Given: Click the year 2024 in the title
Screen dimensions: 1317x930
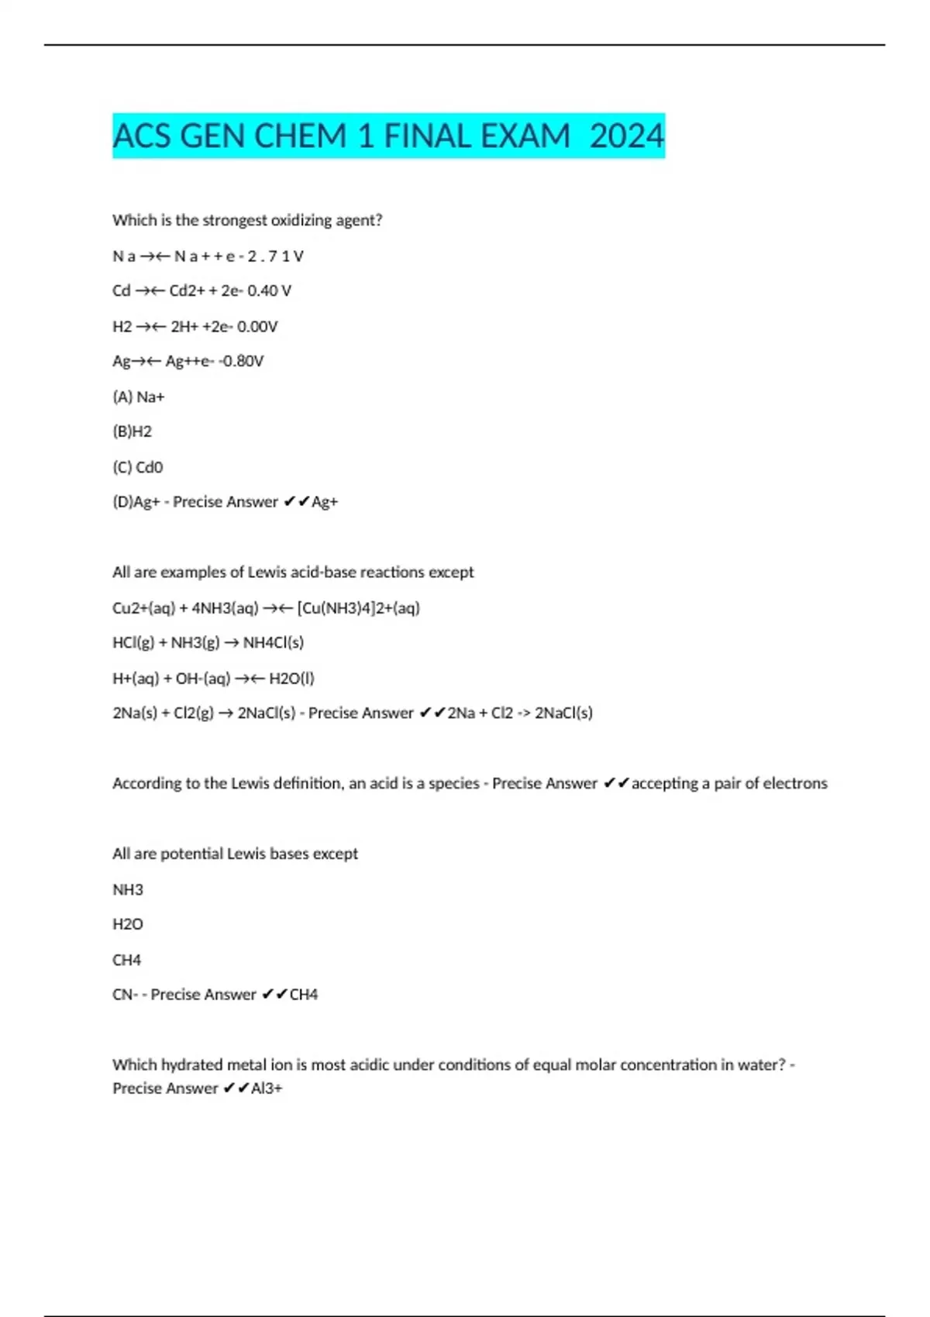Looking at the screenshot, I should pyautogui.click(x=626, y=136).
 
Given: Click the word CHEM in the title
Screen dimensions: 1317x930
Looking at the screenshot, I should pyautogui.click(x=300, y=136).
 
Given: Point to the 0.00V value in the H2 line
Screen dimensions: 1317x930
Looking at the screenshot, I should pyautogui.click(x=257, y=326).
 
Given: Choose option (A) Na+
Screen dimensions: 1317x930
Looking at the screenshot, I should pyautogui.click(x=139, y=397).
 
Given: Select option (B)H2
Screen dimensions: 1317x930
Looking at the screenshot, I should pyautogui.click(x=133, y=432).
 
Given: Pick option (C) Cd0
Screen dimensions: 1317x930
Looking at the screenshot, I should pyautogui.click(x=138, y=467).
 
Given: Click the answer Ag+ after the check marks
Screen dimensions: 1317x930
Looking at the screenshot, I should pyautogui.click(x=325, y=502).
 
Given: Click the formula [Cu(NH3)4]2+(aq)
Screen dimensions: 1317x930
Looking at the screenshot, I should pyautogui.click(x=358, y=608).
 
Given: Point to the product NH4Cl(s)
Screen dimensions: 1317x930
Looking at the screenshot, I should pyautogui.click(x=274, y=643).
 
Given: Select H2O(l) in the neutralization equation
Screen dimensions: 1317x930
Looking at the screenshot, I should pyautogui.click(x=291, y=679).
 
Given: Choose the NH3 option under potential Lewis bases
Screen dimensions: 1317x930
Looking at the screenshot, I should pyautogui.click(x=128, y=889).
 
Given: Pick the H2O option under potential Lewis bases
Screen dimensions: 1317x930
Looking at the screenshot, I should pyautogui.click(x=128, y=924).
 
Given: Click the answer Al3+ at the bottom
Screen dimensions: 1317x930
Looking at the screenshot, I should pyautogui.click(x=267, y=1088).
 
